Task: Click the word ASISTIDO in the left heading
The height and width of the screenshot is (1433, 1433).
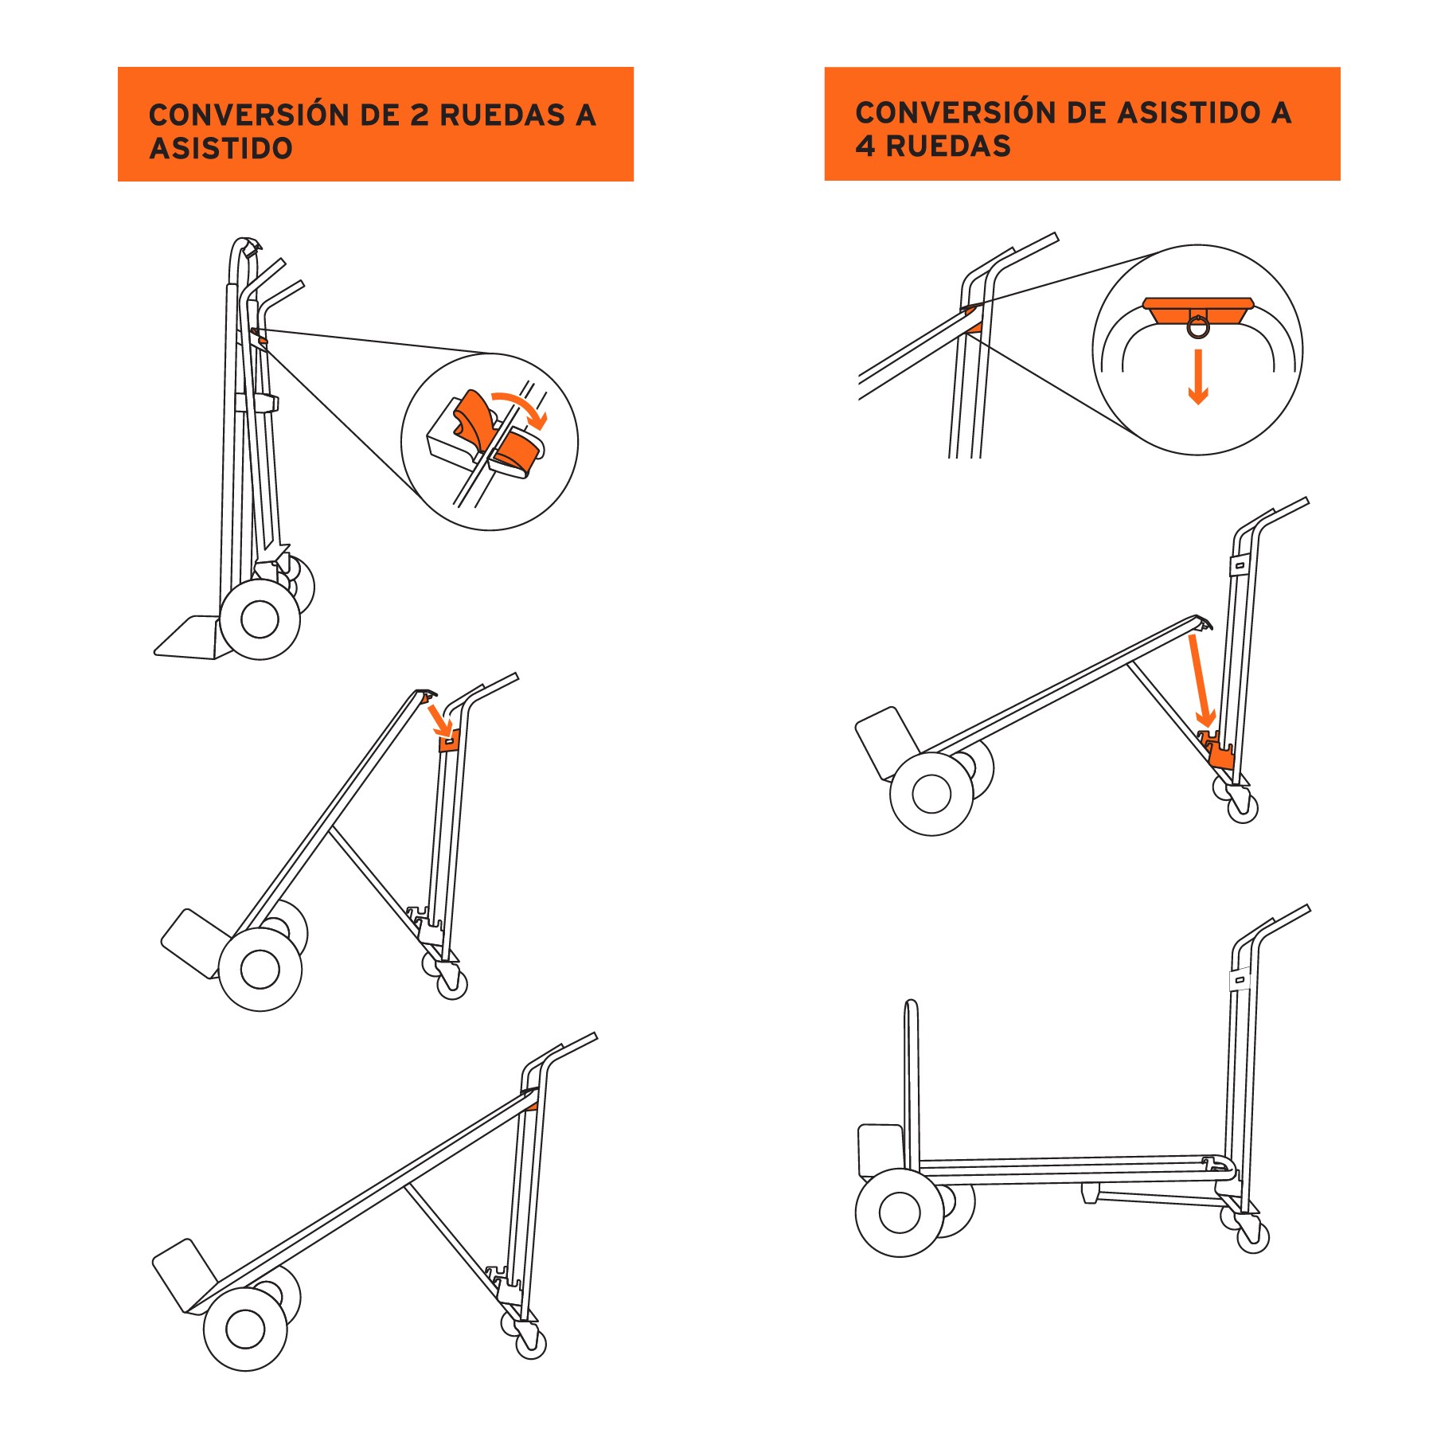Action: [221, 149]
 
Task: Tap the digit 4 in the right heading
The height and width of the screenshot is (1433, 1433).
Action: [865, 146]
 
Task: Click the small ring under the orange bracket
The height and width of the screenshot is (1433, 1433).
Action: [1198, 326]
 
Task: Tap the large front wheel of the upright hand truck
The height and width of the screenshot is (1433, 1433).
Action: [260, 619]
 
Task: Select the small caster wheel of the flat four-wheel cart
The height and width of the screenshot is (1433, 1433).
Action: [1253, 1237]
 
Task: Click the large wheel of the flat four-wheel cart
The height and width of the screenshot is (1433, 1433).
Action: [900, 1212]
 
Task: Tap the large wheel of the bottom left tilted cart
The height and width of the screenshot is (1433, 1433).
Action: [245, 1328]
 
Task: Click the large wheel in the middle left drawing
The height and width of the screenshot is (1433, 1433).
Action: [260, 969]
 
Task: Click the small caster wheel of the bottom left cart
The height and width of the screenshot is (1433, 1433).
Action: [531, 1345]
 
